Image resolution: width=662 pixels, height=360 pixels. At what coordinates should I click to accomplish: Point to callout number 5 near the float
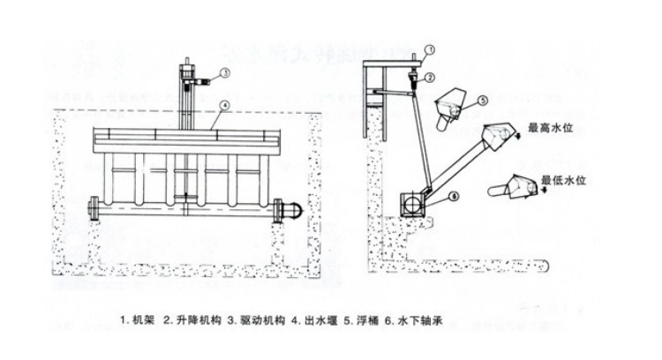[485, 100]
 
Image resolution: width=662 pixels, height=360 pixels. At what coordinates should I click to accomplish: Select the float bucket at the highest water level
[501, 132]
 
